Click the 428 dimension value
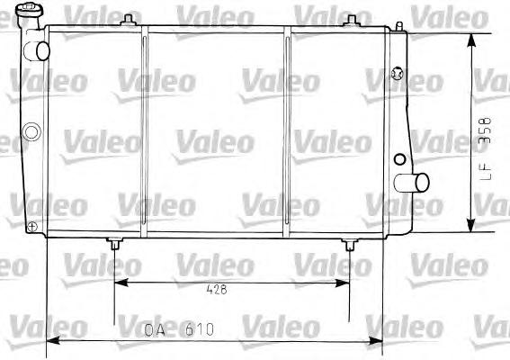coord(217,289)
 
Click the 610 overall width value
coord(200,329)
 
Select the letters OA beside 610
coord(155,329)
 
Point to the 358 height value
coord(485,130)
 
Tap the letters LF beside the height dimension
coord(486,171)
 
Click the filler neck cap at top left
coord(29,9)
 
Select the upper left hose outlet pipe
coord(37,51)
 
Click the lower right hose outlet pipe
coord(411,183)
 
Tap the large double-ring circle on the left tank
coord(31,131)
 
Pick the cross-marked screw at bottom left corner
coord(32,227)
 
